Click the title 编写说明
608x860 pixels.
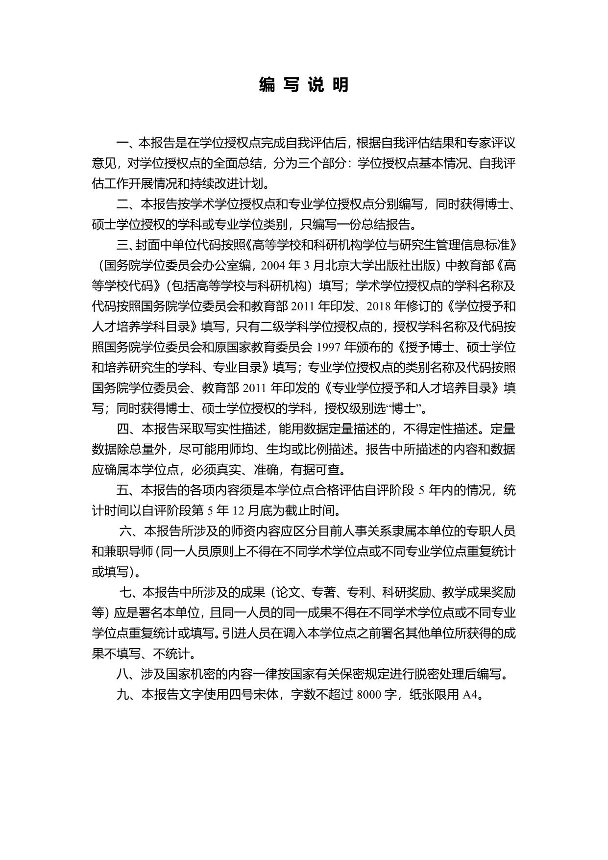[x=304, y=85]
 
